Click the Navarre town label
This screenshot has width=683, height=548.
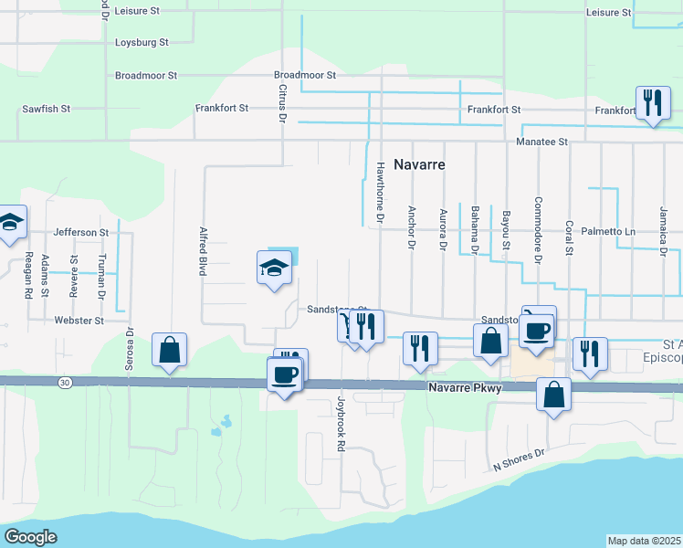click(419, 165)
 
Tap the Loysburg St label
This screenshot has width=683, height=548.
click(142, 43)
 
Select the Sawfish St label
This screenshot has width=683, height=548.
click(47, 109)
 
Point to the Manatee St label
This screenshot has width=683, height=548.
click(541, 142)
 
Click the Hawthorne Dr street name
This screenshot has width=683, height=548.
click(380, 193)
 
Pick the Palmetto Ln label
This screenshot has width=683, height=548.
click(610, 231)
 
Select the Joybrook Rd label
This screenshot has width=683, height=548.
click(341, 424)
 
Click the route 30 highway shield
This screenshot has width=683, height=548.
click(63, 381)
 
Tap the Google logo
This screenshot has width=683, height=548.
click(30, 536)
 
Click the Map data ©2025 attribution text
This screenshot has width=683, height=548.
click(645, 541)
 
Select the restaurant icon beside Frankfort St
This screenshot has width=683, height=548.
click(652, 102)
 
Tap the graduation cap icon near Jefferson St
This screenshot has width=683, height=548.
click(10, 222)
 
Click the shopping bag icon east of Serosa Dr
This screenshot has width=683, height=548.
click(170, 350)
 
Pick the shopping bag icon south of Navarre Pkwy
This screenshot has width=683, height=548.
click(553, 395)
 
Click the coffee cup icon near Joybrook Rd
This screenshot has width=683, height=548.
click(283, 374)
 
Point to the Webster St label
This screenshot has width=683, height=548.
click(79, 321)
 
